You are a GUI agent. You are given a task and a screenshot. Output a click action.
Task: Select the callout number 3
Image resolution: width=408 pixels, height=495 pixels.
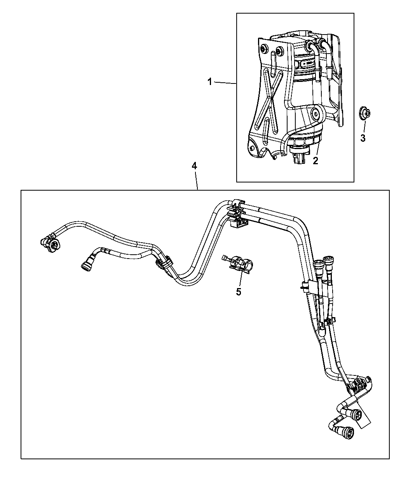(x=363, y=138)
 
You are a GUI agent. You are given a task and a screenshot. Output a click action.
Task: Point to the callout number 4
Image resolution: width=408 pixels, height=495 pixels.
(x=194, y=166)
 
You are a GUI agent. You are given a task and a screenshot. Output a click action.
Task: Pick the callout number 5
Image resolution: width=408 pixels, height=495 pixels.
(x=239, y=292)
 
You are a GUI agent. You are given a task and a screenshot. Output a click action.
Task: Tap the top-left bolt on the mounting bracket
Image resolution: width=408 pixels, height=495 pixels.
(x=265, y=49)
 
